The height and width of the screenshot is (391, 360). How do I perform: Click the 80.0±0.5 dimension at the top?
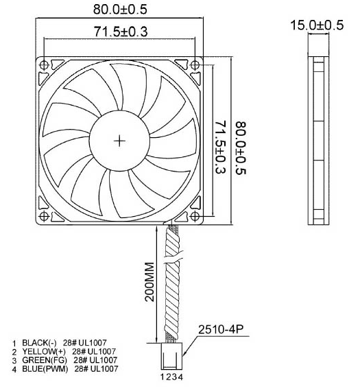(x=120, y=10)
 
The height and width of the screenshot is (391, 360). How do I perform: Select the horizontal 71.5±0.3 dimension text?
(x=120, y=32)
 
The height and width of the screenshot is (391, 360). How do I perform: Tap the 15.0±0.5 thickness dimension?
(x=316, y=25)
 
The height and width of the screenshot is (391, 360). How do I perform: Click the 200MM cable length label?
(x=152, y=283)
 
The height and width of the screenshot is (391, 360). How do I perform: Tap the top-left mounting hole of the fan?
(x=45, y=65)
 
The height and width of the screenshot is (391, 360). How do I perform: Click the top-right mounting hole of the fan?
(x=195, y=65)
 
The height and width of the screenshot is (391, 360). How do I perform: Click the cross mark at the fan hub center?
(x=120, y=141)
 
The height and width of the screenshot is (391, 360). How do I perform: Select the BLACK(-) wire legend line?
(x=64, y=342)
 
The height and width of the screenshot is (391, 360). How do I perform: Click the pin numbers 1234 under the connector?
(x=170, y=376)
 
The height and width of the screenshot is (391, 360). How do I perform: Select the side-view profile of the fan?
(x=316, y=141)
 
